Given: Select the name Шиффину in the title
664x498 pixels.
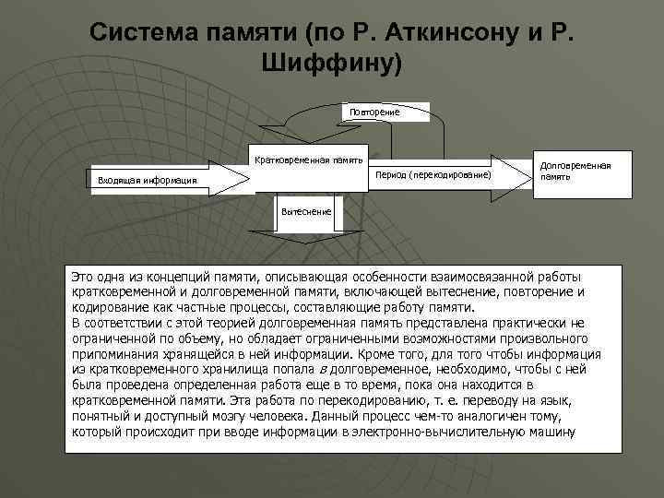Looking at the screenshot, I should [x=324, y=64].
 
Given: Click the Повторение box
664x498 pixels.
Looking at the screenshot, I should [x=373, y=113].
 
